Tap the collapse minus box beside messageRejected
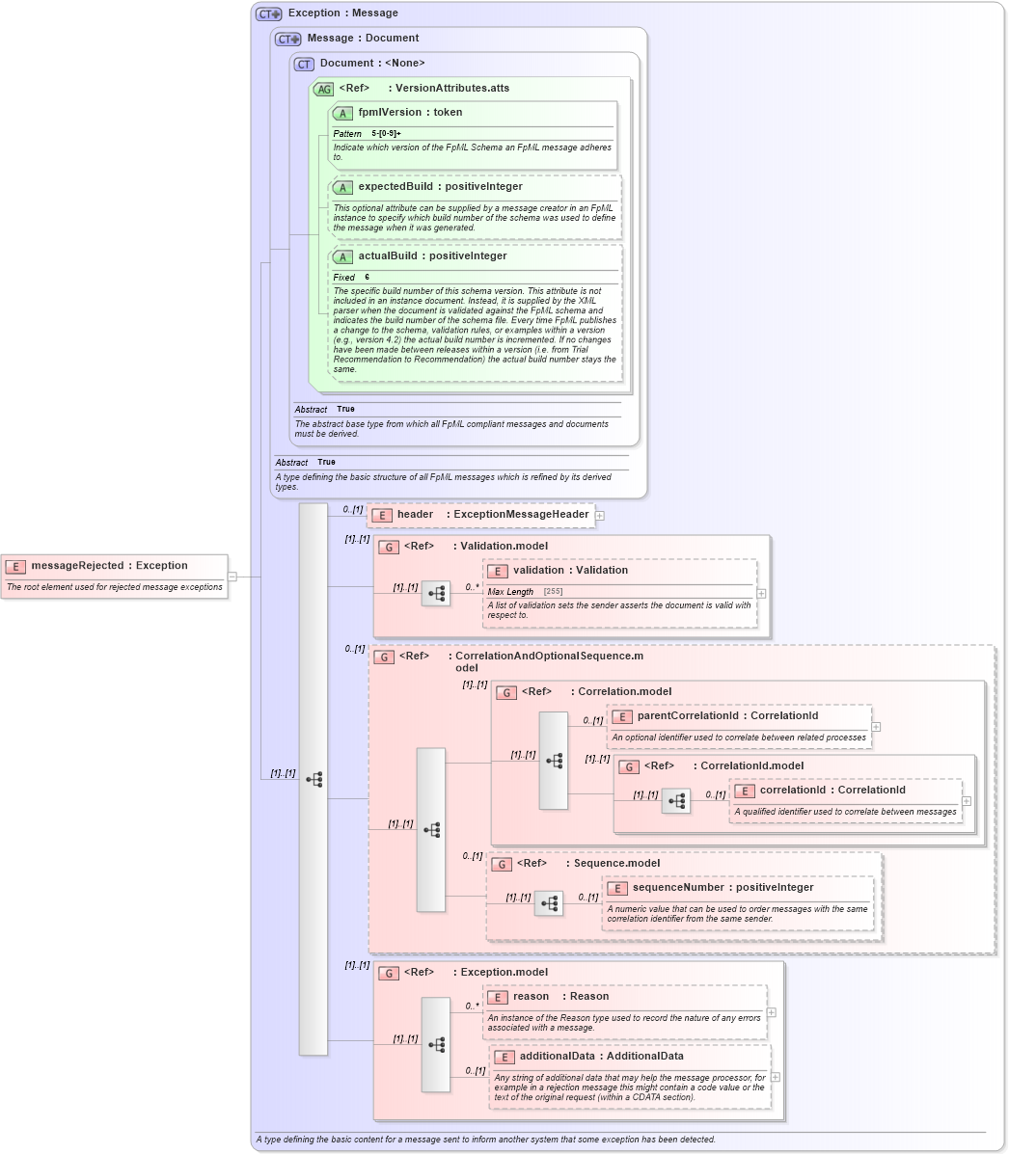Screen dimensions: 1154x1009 click(232, 577)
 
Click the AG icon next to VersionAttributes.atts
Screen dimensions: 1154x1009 click(324, 89)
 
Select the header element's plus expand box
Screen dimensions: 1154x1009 click(600, 516)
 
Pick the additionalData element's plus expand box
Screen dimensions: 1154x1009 click(776, 1078)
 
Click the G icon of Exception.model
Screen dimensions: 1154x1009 click(389, 973)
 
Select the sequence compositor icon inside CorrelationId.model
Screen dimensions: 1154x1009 click(676, 801)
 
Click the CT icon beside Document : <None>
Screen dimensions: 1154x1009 click(305, 64)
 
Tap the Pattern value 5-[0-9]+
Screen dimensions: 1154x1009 click(387, 134)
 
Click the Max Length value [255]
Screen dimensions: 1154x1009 click(553, 592)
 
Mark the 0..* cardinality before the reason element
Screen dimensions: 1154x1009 click(472, 1006)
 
